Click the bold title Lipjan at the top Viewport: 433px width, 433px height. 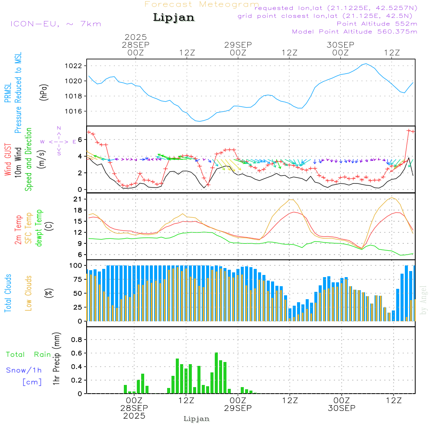174,18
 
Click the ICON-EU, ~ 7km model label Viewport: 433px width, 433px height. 55,24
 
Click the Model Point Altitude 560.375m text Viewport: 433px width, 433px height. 354,32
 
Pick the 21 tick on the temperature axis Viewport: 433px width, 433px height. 78,199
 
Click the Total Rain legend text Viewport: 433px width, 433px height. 29,354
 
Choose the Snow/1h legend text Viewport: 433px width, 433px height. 24,370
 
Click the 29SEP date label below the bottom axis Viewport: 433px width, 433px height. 238,408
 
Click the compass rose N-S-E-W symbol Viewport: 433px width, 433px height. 59,141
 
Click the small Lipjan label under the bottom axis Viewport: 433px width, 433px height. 196,419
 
